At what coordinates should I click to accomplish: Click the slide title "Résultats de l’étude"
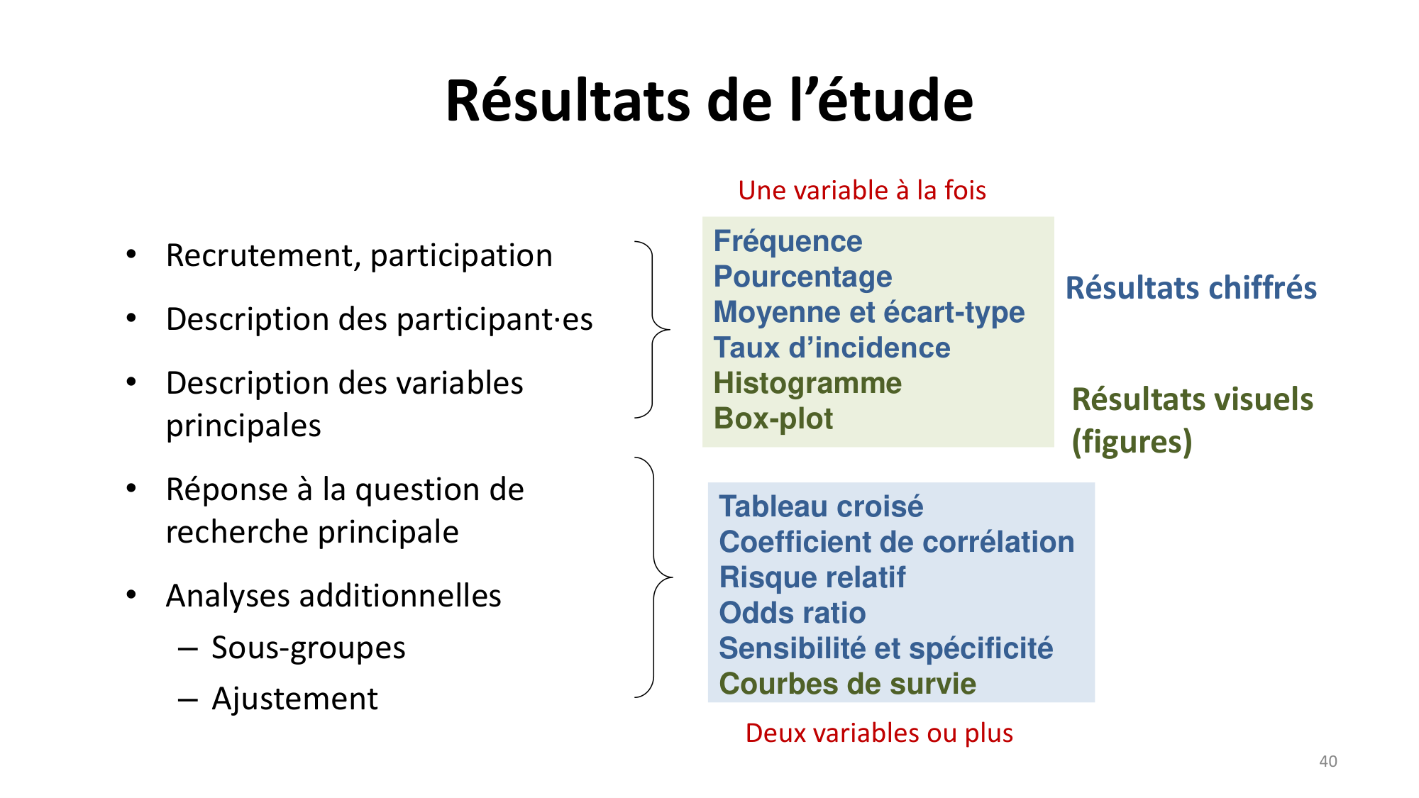pyautogui.click(x=709, y=101)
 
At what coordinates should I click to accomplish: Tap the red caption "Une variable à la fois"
pyautogui.click(x=861, y=190)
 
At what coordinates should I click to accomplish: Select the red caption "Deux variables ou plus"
pyautogui.click(x=879, y=733)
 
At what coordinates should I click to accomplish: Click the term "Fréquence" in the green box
pyautogui.click(x=788, y=241)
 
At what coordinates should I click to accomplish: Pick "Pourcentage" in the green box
pyautogui.click(x=802, y=277)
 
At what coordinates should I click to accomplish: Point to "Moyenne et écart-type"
pyautogui.click(x=868, y=312)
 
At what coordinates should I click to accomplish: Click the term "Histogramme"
pyautogui.click(x=807, y=383)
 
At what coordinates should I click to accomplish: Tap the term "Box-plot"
pyautogui.click(x=773, y=419)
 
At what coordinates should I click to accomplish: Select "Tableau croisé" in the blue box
pyautogui.click(x=821, y=506)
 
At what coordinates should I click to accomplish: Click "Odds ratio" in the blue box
pyautogui.click(x=792, y=613)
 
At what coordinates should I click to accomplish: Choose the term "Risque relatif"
pyautogui.click(x=812, y=577)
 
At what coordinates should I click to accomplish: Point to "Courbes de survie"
pyautogui.click(x=847, y=684)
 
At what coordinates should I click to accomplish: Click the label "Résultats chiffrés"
pyautogui.click(x=1191, y=288)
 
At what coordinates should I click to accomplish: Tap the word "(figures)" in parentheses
pyautogui.click(x=1132, y=441)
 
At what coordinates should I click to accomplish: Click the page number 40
pyautogui.click(x=1327, y=761)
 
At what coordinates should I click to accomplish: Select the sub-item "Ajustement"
pyautogui.click(x=294, y=699)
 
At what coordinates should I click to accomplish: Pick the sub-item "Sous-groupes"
pyautogui.click(x=308, y=648)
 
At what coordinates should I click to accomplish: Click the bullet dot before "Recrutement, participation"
pyautogui.click(x=131, y=254)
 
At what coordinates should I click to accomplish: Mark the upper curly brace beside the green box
pyautogui.click(x=653, y=330)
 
